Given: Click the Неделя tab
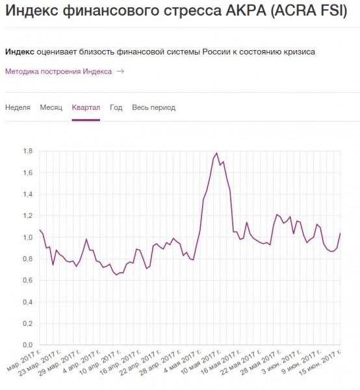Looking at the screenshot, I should [x=18, y=107].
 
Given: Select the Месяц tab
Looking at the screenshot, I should [x=51, y=107].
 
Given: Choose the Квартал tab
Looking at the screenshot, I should [x=86, y=107].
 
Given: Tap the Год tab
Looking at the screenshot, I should [x=116, y=107].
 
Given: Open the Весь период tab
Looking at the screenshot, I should [x=153, y=107].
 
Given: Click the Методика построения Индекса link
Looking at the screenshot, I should [x=58, y=71].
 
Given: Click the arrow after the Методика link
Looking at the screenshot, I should [x=120, y=71].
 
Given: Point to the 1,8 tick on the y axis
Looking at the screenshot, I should [x=28, y=151].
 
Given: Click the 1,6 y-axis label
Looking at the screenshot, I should [x=28, y=172].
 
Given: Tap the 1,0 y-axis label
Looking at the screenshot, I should [x=28, y=237].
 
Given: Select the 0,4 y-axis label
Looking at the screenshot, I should [x=28, y=302].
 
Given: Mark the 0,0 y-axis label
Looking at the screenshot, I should [x=28, y=344].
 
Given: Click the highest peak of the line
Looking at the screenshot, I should [x=216, y=153].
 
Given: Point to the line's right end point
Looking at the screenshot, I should [x=340, y=233].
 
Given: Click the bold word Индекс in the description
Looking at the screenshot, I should [x=19, y=51].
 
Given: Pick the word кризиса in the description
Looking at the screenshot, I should [x=300, y=51].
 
